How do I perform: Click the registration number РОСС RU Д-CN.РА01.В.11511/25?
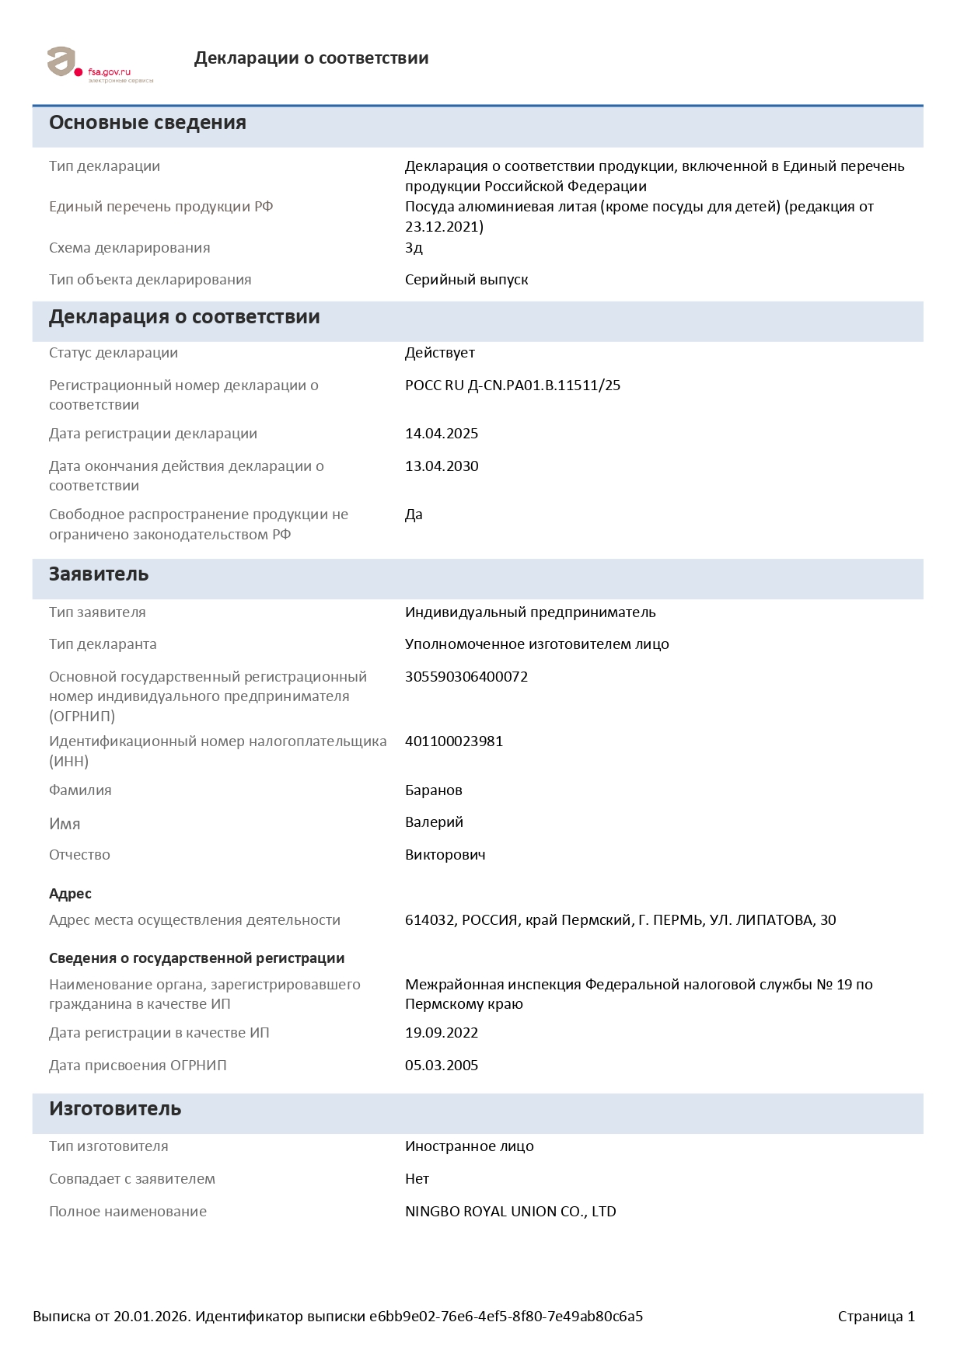pos(512,385)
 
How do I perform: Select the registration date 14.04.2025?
pos(441,434)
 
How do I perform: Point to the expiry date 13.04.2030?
pos(441,466)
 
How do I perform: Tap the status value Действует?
pos(439,353)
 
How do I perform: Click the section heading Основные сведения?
pos(148,123)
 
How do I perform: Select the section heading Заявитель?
pos(99,574)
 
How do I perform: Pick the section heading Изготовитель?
pos(115,1109)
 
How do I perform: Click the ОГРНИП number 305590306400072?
pos(466,677)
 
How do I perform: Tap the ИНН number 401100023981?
pos(453,741)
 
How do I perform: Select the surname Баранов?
pos(433,790)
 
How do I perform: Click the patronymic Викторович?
pos(445,855)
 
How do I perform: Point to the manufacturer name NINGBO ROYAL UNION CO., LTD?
pos(510,1212)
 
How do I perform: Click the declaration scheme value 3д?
pos(414,248)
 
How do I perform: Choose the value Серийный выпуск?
pos(466,280)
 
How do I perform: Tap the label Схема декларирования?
pos(129,248)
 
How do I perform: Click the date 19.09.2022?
pos(441,1033)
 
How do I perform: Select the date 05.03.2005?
pos(441,1066)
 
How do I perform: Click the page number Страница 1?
pos(876,1317)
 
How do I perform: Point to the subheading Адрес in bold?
pos(70,894)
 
